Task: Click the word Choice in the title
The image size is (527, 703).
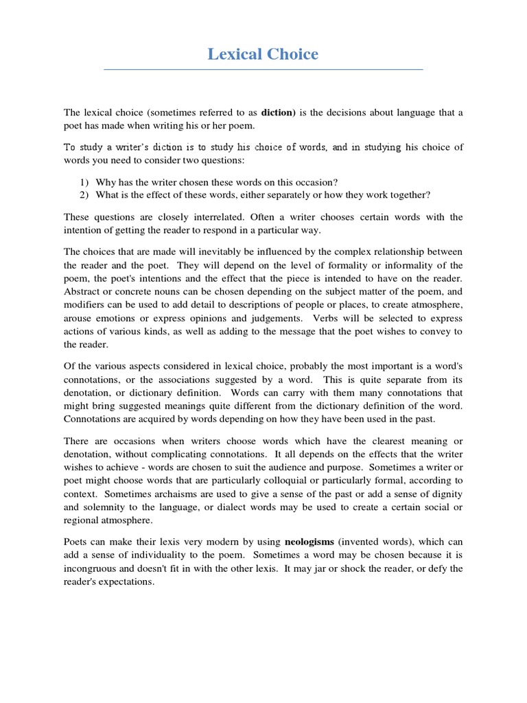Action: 293,54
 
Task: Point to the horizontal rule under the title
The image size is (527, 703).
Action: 263,69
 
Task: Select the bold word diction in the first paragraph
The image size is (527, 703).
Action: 278,112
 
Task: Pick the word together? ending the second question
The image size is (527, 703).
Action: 409,195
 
